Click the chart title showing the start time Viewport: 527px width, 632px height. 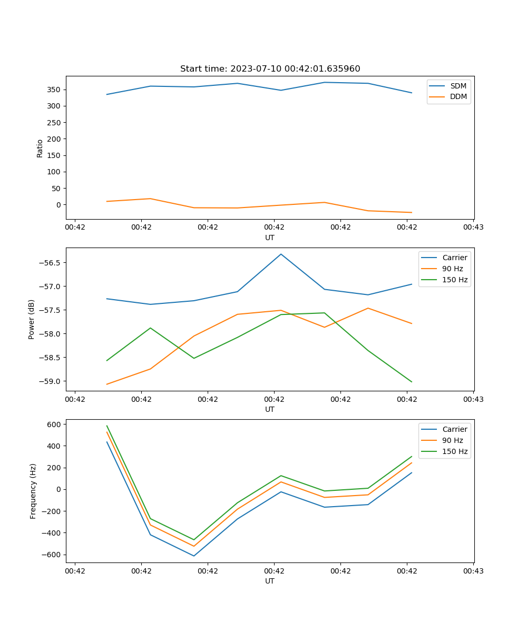270,69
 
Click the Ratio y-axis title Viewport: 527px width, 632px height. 40,147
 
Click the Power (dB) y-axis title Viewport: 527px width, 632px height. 32,319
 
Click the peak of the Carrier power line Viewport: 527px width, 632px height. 281,254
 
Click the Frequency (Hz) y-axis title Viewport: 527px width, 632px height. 33,491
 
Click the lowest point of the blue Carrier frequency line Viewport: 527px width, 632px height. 194,556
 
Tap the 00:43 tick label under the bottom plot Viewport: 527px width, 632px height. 473,571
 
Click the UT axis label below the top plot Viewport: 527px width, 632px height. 270,238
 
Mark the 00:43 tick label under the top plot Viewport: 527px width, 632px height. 473,228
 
